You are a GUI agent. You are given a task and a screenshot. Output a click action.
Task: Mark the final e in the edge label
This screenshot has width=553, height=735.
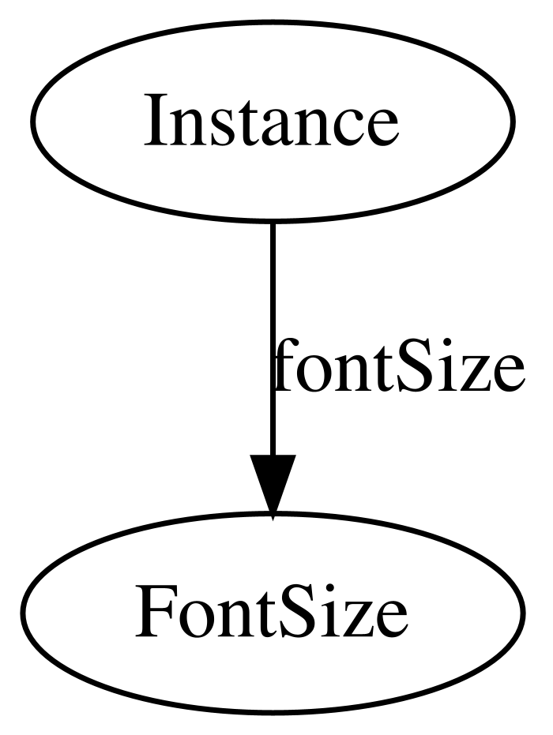pos(507,373)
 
